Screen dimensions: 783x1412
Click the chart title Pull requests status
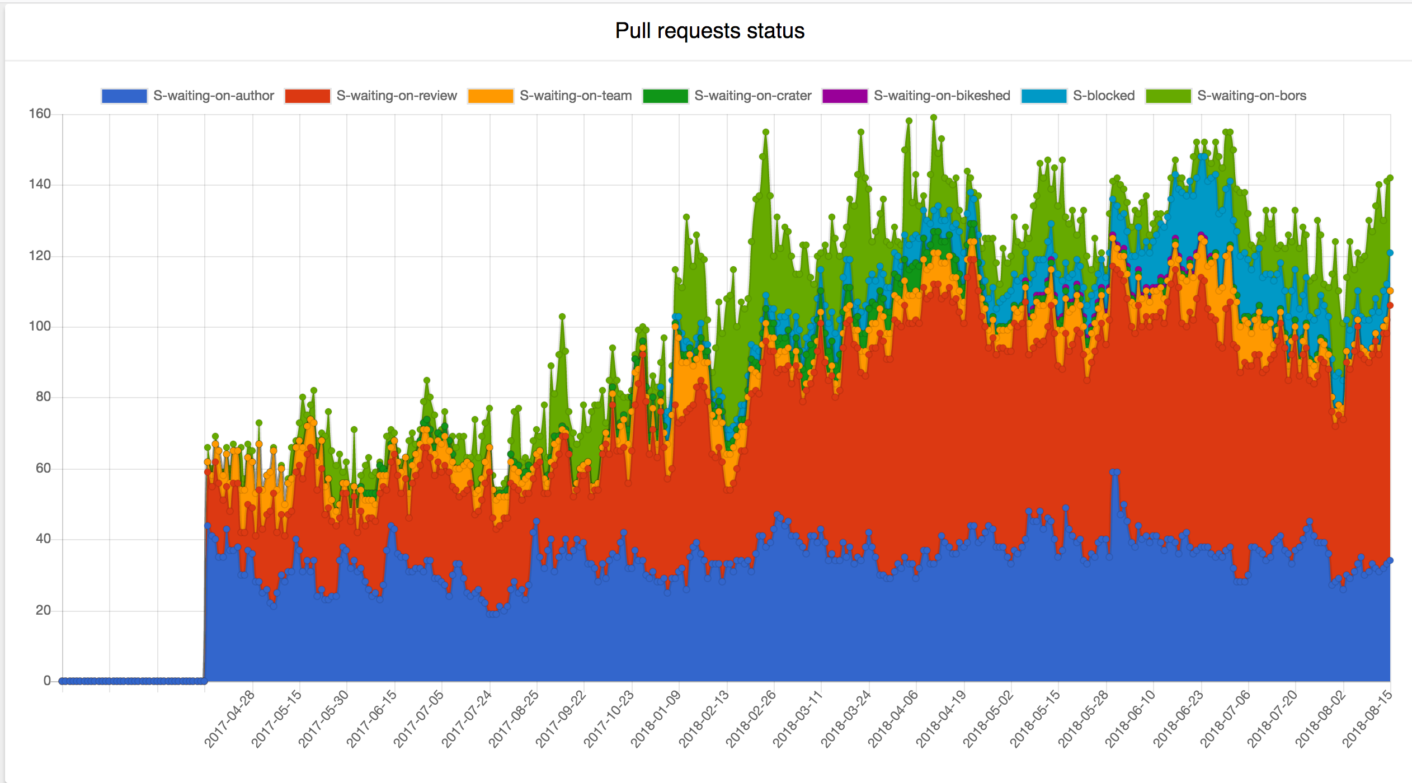pyautogui.click(x=709, y=31)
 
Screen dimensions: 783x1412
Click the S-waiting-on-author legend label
pyautogui.click(x=213, y=96)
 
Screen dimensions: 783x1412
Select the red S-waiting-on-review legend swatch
pyautogui.click(x=307, y=96)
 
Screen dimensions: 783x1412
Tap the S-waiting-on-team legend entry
pyautogui.click(x=575, y=96)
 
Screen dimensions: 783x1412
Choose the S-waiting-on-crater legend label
pyautogui.click(x=752, y=96)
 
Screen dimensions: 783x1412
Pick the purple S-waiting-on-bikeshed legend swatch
pyautogui.click(x=844, y=96)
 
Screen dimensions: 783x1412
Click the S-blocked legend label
pyautogui.click(x=1103, y=96)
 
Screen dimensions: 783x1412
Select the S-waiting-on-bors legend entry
pyautogui.click(x=1251, y=96)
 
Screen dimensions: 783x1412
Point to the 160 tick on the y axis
pyautogui.click(x=40, y=114)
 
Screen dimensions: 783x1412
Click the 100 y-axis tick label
pyautogui.click(x=40, y=326)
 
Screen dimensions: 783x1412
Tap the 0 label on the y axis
pyautogui.click(x=47, y=681)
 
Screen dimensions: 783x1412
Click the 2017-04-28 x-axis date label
pyautogui.click(x=229, y=719)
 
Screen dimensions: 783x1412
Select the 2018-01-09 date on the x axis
pyautogui.click(x=656, y=719)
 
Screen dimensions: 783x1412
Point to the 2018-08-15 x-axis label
pyautogui.click(x=1367, y=719)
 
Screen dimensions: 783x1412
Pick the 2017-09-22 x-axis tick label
pyautogui.click(x=561, y=719)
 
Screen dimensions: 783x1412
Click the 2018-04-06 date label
pyautogui.click(x=893, y=719)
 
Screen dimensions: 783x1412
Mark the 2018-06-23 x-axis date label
pyautogui.click(x=1178, y=719)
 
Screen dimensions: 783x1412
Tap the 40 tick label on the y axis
pyautogui.click(x=43, y=539)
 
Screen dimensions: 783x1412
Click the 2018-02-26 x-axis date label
pyautogui.click(x=751, y=719)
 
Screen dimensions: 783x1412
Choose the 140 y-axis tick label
pyautogui.click(x=40, y=184)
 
